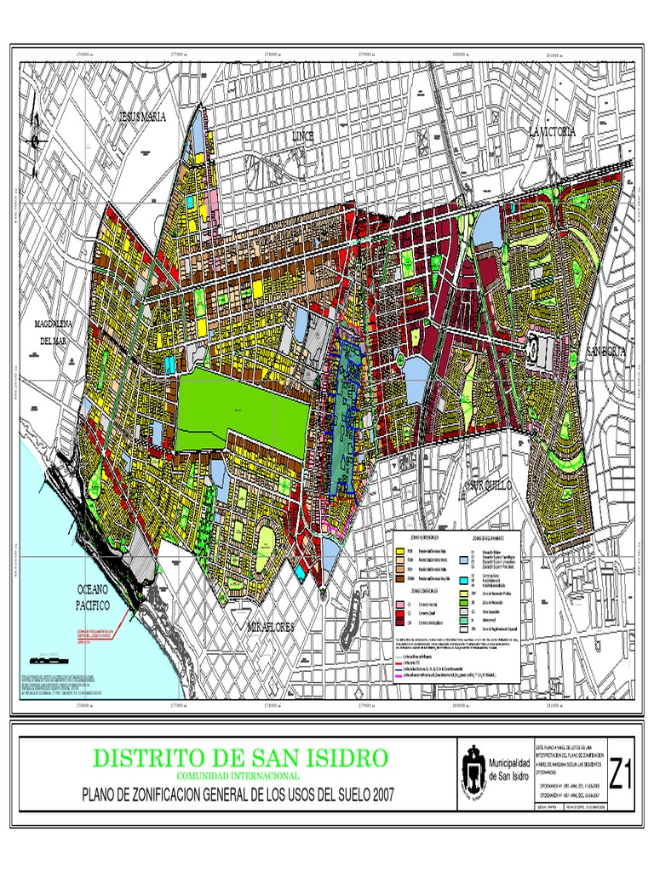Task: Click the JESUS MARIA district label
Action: click(x=143, y=116)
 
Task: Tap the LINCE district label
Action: click(x=303, y=136)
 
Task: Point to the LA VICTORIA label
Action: click(x=552, y=132)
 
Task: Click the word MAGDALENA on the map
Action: click(x=57, y=324)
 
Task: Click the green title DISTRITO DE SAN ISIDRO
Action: click(x=240, y=757)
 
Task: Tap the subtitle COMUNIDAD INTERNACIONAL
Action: click(x=238, y=776)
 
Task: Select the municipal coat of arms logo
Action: click(x=473, y=771)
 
